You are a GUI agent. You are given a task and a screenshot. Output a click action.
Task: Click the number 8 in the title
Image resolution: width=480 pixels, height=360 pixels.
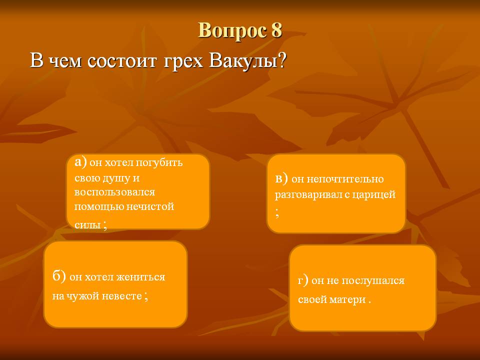click(x=276, y=30)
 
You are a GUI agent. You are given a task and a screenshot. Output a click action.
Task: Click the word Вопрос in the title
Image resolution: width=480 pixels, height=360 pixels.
click(x=231, y=31)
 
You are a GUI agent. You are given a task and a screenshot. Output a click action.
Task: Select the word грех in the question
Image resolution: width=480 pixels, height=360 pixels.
click(x=183, y=61)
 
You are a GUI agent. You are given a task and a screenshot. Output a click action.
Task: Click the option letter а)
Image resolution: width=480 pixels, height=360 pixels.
click(x=81, y=161)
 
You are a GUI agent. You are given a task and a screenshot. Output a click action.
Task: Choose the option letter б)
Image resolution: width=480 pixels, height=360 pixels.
click(x=59, y=276)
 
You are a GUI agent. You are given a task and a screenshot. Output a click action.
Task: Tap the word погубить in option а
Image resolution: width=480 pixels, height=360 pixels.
click(x=159, y=162)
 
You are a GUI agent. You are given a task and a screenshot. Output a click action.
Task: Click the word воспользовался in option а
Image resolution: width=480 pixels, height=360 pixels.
click(x=114, y=192)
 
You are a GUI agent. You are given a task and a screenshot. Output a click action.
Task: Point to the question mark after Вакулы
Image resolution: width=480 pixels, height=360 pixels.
click(x=281, y=60)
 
